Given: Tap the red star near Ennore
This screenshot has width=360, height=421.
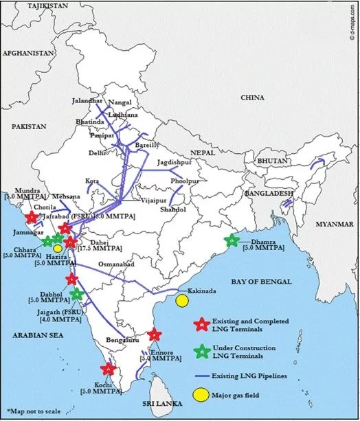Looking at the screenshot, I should pos(155,335).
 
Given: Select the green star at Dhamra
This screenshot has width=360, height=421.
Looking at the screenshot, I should pos(232,240).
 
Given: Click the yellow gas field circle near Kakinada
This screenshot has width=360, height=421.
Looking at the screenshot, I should pos(182,301).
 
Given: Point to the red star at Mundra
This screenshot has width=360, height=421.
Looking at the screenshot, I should pos(31,218).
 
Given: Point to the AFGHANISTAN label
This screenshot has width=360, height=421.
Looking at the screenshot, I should pos(28,53).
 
